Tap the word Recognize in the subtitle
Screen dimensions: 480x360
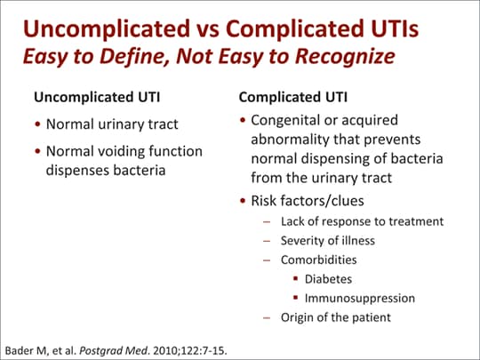(345, 57)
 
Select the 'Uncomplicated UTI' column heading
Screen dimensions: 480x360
(97, 98)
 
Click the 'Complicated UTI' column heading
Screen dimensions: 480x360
(293, 98)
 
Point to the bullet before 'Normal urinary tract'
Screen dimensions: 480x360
(37, 124)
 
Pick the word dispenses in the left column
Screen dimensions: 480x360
(78, 171)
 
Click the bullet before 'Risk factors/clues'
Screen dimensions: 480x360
(243, 201)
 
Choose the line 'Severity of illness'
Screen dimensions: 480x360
(328, 241)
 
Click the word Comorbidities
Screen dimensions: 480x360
(319, 260)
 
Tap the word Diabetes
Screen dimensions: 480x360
(329, 279)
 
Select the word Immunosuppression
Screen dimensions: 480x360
(360, 299)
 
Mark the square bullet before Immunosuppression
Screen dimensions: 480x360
(296, 297)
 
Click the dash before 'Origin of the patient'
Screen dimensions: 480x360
(267, 318)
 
